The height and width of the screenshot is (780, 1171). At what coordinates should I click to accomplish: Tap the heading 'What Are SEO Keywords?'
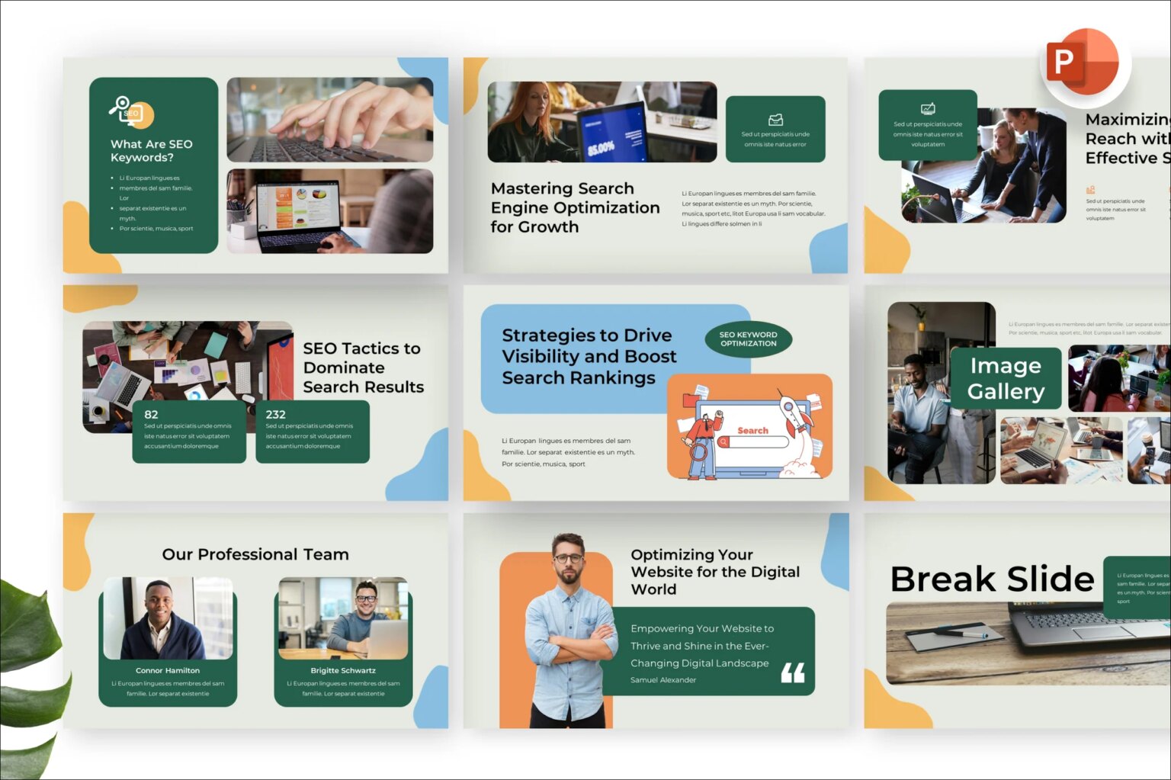click(152, 151)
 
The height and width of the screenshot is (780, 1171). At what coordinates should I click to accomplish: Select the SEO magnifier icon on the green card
click(130, 111)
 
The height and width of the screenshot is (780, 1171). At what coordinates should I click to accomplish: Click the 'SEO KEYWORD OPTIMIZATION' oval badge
click(748, 339)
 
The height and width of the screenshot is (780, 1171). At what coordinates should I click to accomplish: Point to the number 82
click(151, 415)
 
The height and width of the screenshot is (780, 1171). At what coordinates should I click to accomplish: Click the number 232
click(275, 415)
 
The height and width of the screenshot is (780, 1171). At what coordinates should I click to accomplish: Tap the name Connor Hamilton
click(168, 671)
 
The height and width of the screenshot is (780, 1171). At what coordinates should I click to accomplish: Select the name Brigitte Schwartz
click(343, 671)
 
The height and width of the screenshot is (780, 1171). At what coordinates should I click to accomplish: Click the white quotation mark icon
click(793, 672)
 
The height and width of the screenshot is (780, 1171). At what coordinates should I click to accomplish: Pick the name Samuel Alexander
click(663, 680)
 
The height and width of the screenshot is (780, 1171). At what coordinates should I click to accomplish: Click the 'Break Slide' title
click(992, 579)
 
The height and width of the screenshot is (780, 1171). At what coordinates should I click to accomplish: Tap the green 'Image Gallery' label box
click(1006, 379)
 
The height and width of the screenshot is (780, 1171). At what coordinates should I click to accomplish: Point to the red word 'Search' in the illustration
click(752, 431)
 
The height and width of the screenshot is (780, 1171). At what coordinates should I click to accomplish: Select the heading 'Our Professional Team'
click(255, 554)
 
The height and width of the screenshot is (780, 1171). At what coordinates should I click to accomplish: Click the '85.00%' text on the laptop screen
click(602, 147)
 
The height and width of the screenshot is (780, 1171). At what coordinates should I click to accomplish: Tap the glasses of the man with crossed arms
click(568, 558)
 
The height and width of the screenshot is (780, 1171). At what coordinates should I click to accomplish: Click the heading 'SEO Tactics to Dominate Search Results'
click(363, 368)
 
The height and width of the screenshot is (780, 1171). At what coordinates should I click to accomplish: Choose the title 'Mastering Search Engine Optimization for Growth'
click(575, 207)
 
